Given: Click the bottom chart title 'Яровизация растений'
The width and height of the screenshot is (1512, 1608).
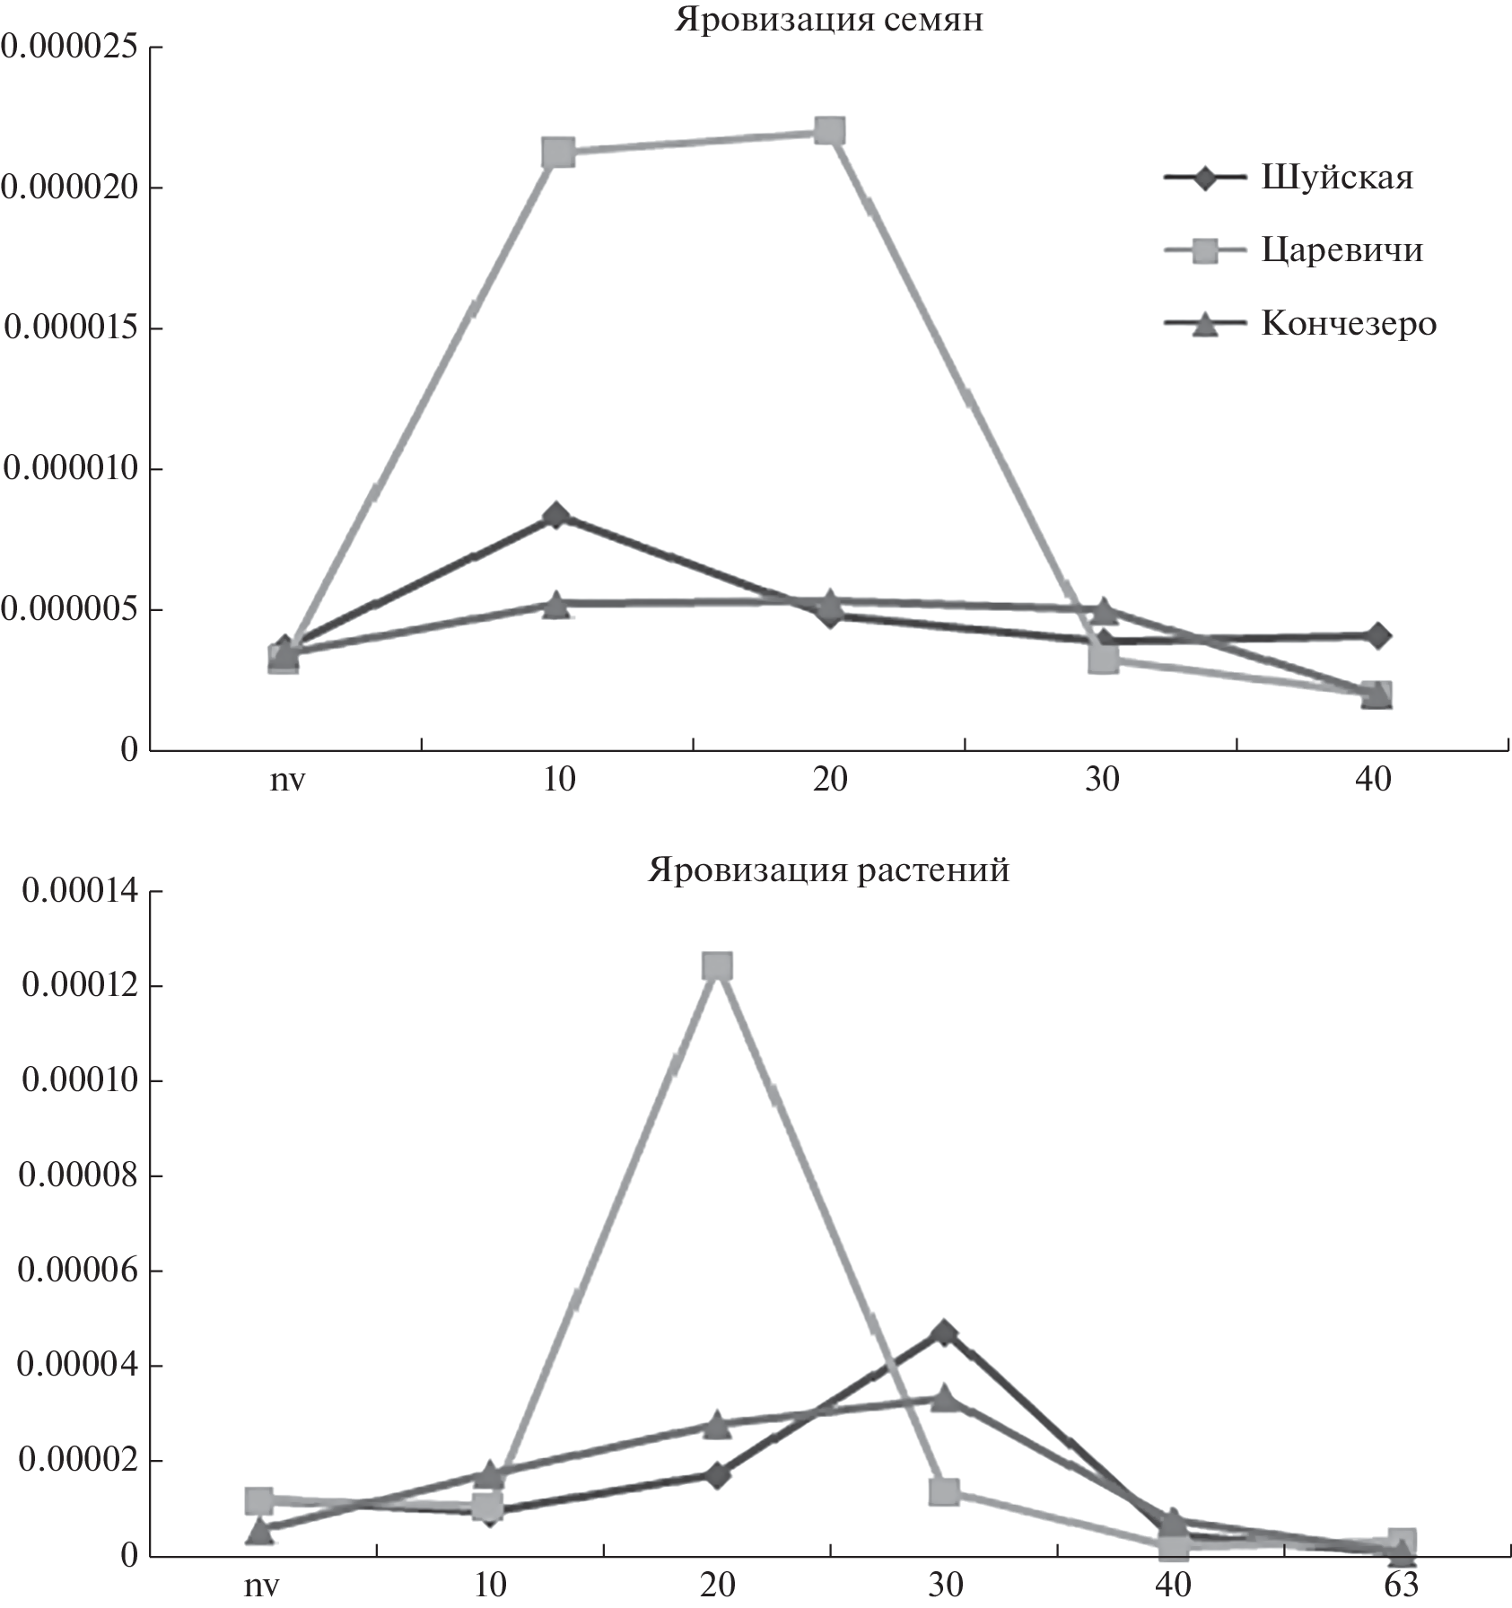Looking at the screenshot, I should [x=828, y=870].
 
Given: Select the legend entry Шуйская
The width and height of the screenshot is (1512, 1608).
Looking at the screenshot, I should [x=1336, y=177].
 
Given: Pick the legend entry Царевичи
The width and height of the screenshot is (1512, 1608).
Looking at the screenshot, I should [x=1342, y=249].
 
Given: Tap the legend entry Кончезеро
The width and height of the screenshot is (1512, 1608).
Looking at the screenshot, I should [x=1348, y=323].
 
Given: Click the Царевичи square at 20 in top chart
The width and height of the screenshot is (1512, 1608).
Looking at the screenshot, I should [x=830, y=131].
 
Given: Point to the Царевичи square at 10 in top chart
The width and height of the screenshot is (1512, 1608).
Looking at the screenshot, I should [x=558, y=152].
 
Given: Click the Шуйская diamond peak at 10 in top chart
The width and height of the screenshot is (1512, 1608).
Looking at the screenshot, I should [x=556, y=515].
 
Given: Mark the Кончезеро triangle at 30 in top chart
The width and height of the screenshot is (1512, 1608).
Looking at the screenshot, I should [x=1104, y=611].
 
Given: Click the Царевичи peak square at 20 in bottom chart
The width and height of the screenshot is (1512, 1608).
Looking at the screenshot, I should [x=717, y=966].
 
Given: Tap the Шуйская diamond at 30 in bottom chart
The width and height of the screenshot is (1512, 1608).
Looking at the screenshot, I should [x=943, y=1333].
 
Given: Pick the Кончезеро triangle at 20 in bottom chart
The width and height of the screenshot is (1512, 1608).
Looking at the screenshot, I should [x=716, y=1423].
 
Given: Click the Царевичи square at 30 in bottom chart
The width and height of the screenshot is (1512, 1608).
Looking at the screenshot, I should [x=944, y=1491].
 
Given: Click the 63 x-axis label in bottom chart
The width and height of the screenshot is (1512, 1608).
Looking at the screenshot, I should [x=1400, y=1586].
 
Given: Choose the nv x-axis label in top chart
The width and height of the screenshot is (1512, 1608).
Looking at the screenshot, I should [x=287, y=779].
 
